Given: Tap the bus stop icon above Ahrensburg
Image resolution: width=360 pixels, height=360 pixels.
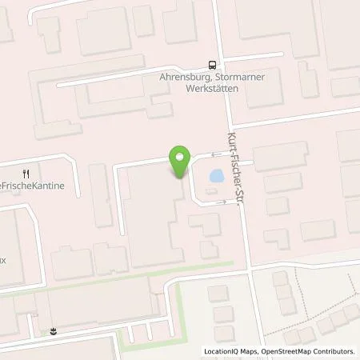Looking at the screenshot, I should click(x=211, y=66).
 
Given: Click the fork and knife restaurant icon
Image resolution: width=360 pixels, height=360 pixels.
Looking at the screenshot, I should click(x=26, y=173).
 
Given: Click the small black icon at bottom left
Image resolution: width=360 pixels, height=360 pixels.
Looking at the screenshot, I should click(x=53, y=330).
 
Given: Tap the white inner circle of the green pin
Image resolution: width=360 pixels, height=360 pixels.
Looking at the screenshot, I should click(x=180, y=158).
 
